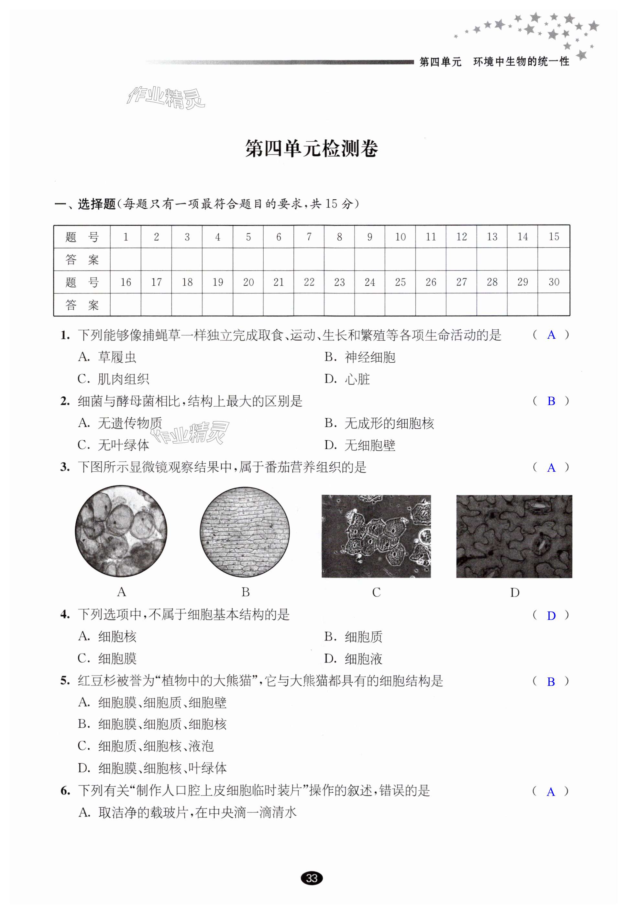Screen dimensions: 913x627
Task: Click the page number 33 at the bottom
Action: click(x=312, y=878)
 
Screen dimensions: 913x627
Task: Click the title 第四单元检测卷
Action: click(x=312, y=149)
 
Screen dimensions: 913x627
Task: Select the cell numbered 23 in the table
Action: click(x=339, y=282)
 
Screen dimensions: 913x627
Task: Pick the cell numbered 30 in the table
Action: click(x=554, y=282)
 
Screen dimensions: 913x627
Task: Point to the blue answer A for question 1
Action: click(x=551, y=335)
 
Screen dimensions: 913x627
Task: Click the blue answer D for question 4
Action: click(x=551, y=616)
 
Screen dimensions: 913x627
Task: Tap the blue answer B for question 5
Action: click(x=551, y=682)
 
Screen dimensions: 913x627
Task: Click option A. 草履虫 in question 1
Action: click(x=107, y=357)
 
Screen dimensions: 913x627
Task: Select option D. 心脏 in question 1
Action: click(x=347, y=379)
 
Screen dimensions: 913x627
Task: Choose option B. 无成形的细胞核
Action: click(x=379, y=423)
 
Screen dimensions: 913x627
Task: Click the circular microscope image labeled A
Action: click(x=121, y=531)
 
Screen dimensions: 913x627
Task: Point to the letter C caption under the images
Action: click(x=376, y=592)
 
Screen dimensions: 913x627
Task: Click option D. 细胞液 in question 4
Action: click(x=353, y=659)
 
